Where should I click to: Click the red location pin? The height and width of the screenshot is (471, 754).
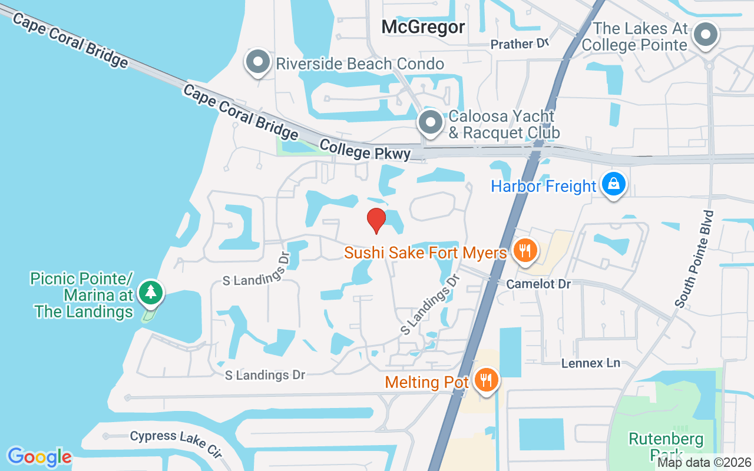coord(376,220)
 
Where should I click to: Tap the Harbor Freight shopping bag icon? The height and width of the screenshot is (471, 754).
coord(614,184)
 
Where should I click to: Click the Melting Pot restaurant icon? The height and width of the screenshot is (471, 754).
coord(486,380)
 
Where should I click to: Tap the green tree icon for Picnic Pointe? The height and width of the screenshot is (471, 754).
coord(151,292)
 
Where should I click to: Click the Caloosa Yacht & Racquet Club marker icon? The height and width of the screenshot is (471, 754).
coord(431,122)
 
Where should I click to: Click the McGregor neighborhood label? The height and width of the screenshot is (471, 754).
coord(423,26)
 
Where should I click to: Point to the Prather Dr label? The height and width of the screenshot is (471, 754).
coord(520,44)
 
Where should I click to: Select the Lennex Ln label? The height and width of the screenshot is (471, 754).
coord(590,363)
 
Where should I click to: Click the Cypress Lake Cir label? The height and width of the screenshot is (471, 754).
coord(176,443)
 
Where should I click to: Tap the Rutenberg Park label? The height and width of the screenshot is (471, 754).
coord(666,446)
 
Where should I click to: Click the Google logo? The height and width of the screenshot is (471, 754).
coord(39,457)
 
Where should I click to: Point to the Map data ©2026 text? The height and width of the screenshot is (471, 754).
coord(704,463)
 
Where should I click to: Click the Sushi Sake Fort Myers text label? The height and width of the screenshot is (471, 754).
coord(425,253)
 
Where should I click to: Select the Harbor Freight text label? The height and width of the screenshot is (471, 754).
coord(543,187)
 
